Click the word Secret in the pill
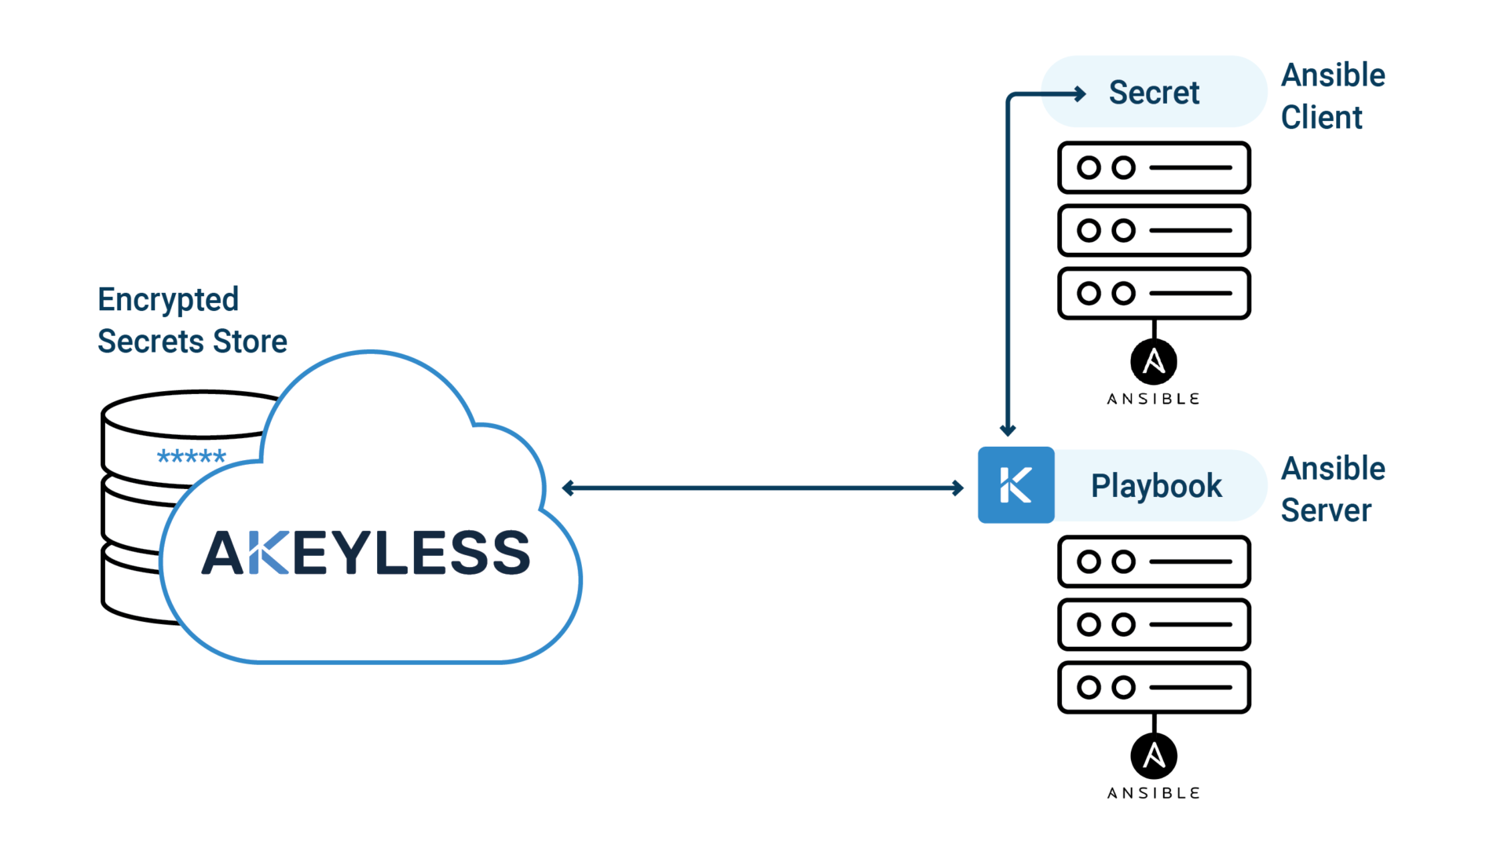1153,93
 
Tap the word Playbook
1156,486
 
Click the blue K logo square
1016,485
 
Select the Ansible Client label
1333,96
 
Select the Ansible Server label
1333,489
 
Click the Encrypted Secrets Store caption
192,320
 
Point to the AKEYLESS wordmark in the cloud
366,553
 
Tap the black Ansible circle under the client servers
1153,362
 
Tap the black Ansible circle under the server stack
1153,756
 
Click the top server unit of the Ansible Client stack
1153,167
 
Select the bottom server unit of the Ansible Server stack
1153,687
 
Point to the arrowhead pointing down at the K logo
1008,429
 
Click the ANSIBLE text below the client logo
1153,399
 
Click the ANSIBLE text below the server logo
1153,793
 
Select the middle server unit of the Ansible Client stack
1153,230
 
